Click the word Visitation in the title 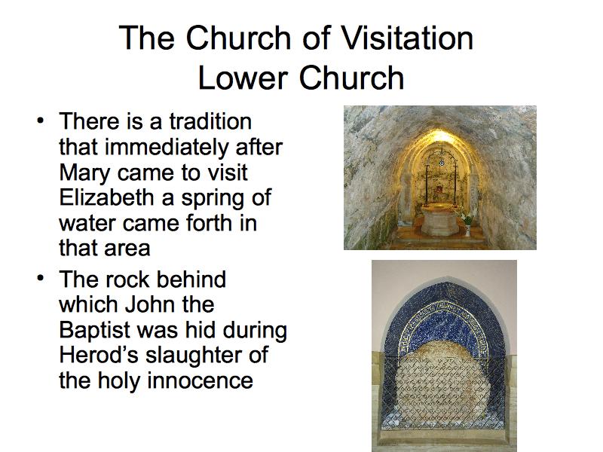(x=407, y=38)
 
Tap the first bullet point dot (x=40, y=121)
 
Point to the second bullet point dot (x=40, y=278)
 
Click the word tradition (x=210, y=121)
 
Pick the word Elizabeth (x=106, y=197)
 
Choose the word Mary (x=84, y=173)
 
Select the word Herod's (x=99, y=355)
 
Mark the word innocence (x=200, y=380)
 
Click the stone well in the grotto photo (x=440, y=220)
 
